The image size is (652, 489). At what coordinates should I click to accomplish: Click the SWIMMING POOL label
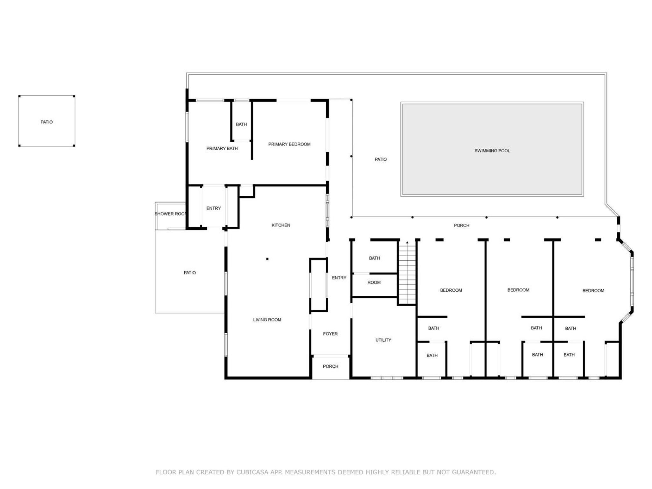492,151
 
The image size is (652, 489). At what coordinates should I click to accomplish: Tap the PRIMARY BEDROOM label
289,144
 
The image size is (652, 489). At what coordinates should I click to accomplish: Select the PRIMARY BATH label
222,148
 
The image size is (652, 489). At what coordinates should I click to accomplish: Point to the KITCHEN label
281,225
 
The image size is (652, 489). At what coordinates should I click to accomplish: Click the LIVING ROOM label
267,320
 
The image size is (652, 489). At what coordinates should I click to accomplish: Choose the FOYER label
330,334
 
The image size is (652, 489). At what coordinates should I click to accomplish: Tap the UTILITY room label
383,340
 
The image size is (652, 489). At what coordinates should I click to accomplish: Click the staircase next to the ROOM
407,273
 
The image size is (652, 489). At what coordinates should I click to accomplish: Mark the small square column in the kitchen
267,259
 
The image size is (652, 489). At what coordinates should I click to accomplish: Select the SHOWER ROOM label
171,214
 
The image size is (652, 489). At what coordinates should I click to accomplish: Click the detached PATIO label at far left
46,122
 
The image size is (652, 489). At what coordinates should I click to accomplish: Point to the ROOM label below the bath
374,282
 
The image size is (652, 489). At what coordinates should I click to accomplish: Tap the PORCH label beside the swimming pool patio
462,225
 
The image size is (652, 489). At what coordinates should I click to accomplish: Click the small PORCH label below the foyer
330,366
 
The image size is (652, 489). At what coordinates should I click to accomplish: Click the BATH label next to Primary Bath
241,124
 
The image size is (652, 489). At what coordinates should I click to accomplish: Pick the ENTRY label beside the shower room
213,208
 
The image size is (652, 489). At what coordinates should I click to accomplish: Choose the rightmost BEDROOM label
593,290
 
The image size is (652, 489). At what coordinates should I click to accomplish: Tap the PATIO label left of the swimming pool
381,159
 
